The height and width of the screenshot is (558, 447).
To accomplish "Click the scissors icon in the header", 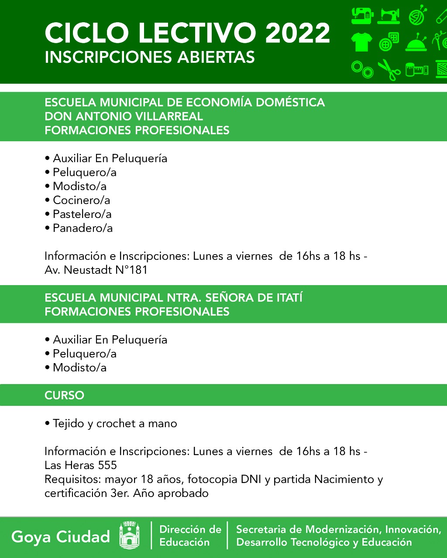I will [x=389, y=70].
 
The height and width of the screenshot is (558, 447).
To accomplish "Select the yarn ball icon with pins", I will [x=417, y=16].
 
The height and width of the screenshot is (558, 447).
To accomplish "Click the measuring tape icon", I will [x=416, y=70].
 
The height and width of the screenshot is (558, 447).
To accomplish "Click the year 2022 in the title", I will [x=297, y=33].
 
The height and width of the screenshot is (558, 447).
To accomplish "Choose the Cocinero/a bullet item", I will [x=81, y=200].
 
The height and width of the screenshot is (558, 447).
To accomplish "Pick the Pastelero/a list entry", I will [x=82, y=214].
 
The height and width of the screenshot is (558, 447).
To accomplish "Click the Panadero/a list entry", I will [x=83, y=228].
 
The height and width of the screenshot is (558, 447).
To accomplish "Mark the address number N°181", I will [x=131, y=270].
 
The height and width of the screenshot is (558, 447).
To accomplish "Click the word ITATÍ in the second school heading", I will [x=289, y=298].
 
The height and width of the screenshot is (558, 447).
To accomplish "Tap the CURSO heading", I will [x=64, y=395].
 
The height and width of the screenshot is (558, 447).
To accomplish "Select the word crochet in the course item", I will [x=116, y=423].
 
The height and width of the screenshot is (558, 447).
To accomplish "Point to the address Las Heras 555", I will [x=81, y=465].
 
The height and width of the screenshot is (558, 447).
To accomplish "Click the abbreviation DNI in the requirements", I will [x=251, y=479].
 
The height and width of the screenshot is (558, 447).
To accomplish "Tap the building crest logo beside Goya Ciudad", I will [x=130, y=535].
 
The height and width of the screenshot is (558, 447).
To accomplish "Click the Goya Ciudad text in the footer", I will [x=61, y=537].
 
